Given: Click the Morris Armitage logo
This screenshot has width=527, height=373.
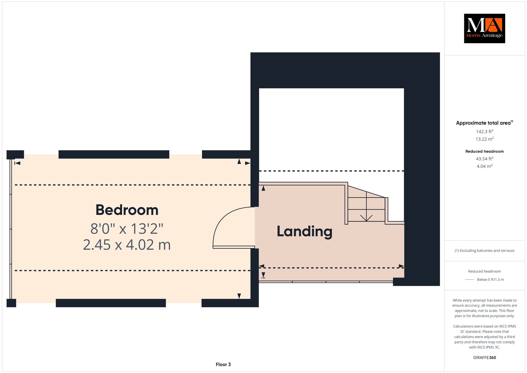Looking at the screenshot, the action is click(x=484, y=28).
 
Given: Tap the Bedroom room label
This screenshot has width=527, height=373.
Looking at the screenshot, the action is click(x=127, y=210).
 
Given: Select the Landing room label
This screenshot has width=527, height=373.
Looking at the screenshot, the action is click(x=304, y=231).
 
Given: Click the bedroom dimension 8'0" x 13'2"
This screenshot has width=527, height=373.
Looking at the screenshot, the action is click(x=127, y=228).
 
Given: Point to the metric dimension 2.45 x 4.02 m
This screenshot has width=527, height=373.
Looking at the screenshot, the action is click(x=127, y=245).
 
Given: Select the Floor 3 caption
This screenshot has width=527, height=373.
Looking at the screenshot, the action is click(x=223, y=364).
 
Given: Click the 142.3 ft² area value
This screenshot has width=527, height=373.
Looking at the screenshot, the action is click(x=485, y=131).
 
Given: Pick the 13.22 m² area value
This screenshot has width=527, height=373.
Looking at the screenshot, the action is click(x=485, y=139).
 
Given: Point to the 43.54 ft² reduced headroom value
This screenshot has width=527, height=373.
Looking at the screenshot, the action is click(x=485, y=159).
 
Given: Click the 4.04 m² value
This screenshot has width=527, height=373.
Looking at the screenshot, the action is click(x=485, y=166).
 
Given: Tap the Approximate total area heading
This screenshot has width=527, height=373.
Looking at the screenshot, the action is click(x=485, y=123).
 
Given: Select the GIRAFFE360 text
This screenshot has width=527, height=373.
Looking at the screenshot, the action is click(x=485, y=358).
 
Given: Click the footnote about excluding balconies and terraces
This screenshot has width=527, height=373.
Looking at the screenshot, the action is click(x=485, y=251).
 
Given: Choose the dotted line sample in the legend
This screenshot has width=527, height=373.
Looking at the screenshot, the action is click(x=470, y=279).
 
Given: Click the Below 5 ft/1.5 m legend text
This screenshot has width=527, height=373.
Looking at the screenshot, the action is click(x=490, y=279).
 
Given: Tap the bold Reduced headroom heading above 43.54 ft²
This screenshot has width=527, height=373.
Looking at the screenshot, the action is click(x=485, y=151).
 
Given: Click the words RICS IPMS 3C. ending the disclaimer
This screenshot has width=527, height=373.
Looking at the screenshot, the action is click(x=485, y=347).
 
